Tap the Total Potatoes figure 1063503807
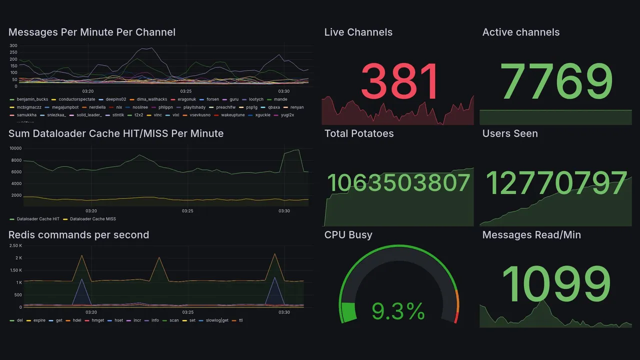click(x=398, y=183)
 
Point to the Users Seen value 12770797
click(x=556, y=183)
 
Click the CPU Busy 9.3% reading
click(x=398, y=312)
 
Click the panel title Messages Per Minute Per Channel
click(x=92, y=32)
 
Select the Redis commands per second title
click(x=79, y=235)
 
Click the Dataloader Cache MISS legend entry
click(x=92, y=219)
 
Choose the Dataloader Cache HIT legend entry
click(x=38, y=219)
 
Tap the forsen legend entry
click(x=212, y=99)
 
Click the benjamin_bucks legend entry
click(x=32, y=99)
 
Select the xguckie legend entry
click(x=262, y=115)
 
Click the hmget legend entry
click(x=97, y=320)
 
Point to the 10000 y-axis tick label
click(x=15, y=148)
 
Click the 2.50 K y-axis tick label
click(x=15, y=245)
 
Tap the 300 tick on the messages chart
click(x=13, y=46)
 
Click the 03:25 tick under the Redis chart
click(x=187, y=312)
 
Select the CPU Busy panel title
click(x=348, y=235)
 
